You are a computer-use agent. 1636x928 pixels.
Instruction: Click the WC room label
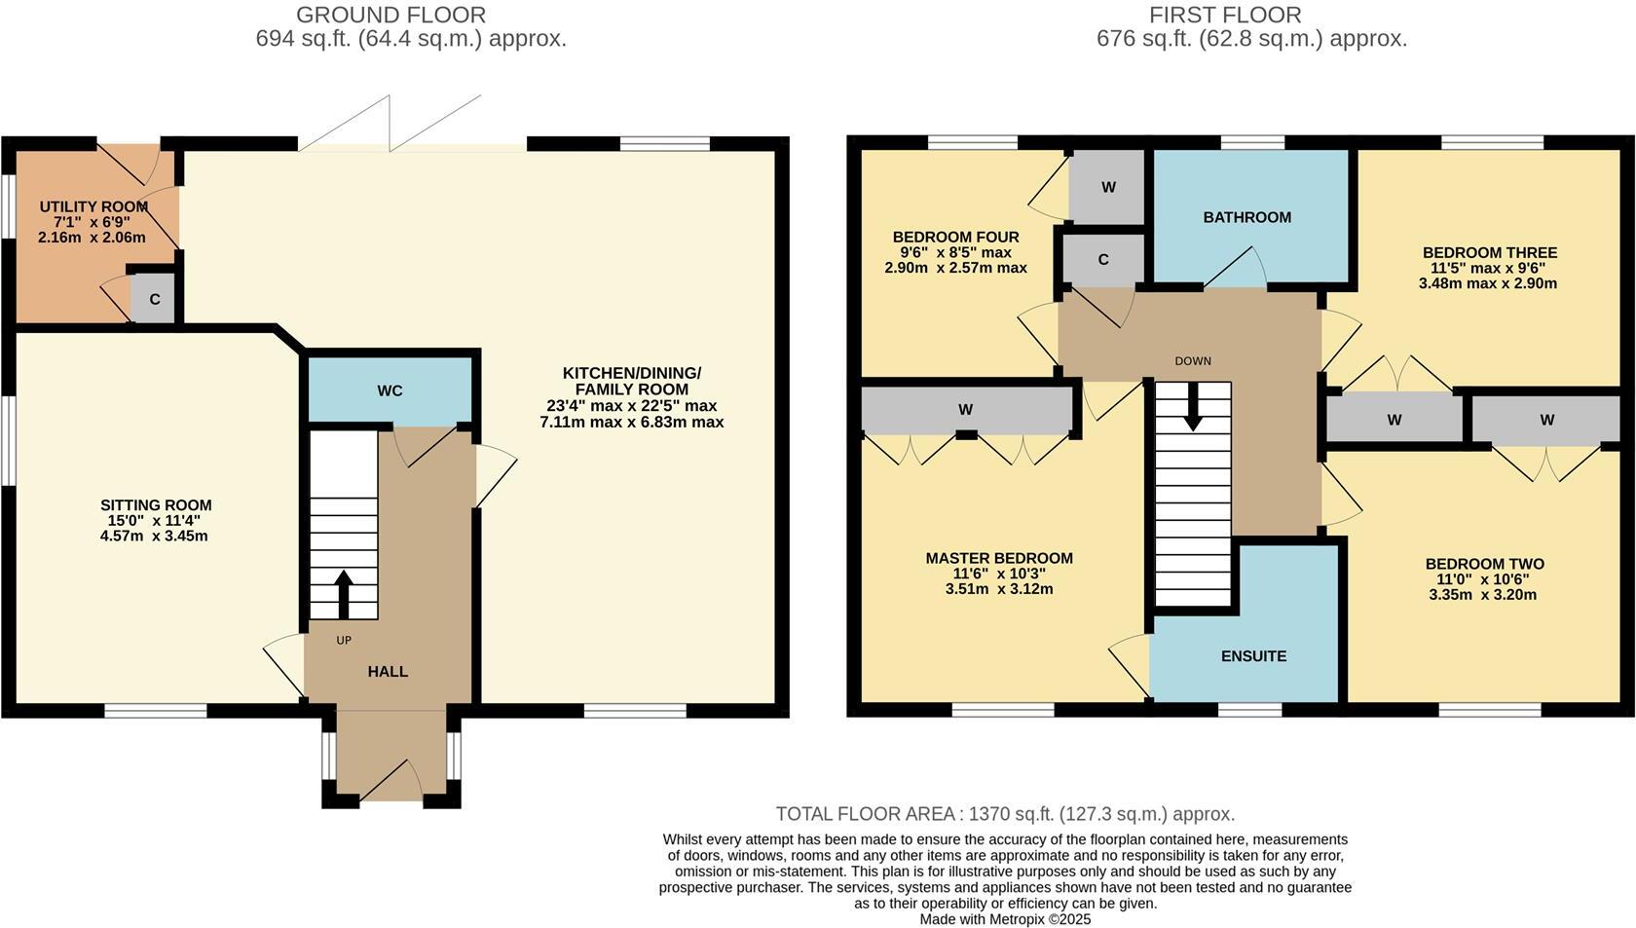pos(390,391)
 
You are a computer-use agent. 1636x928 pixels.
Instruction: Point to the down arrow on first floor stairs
pos(1193,411)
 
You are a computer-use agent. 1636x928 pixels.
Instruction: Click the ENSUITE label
pos(1253,656)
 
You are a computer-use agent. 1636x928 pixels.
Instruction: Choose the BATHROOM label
pos(1246,217)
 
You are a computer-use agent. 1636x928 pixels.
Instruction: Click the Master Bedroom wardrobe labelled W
pos(965,410)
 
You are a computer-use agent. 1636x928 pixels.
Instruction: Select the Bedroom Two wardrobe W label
pos(1546,421)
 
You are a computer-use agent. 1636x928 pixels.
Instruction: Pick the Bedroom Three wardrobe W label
pos(1394,421)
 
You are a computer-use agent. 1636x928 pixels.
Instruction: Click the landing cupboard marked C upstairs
pos(1102,260)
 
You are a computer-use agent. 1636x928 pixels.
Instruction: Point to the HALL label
pos(388,672)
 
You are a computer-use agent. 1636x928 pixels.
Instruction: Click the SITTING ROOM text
pos(156,505)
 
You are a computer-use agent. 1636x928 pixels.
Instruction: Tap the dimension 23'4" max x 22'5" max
pos(631,406)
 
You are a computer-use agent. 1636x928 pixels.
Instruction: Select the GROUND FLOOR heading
pos(390,16)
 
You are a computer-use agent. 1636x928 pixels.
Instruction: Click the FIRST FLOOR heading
pos(1224,16)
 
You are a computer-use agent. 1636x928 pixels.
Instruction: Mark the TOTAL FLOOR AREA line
pos(1004,814)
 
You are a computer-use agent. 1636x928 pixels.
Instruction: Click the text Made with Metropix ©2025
pos(1005,919)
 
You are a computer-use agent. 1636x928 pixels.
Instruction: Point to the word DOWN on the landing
pos(1192,361)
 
